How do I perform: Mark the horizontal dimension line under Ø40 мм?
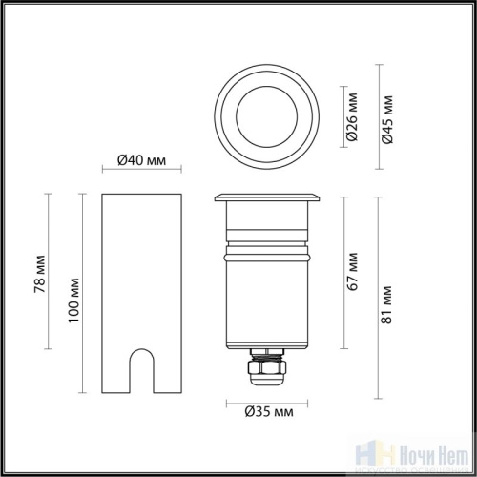pos(142,173)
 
